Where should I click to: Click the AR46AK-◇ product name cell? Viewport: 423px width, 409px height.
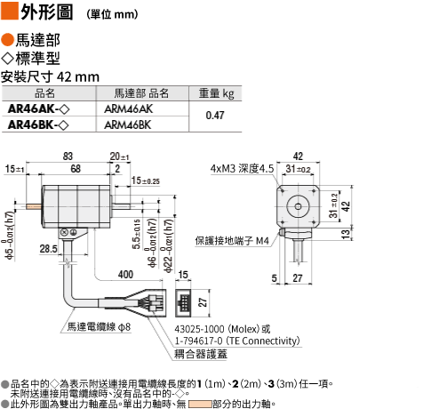pyautogui.click(x=38, y=109)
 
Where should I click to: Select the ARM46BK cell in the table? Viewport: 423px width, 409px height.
pyautogui.click(x=128, y=124)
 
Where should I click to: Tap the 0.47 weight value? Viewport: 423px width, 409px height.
pyautogui.click(x=215, y=116)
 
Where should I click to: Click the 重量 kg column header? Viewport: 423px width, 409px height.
pyautogui.click(x=216, y=93)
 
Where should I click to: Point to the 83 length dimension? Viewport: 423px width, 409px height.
pyautogui.click(x=68, y=156)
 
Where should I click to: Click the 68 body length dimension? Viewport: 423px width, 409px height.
pyautogui.click(x=76, y=169)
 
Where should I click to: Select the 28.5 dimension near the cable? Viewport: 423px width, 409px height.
pyautogui.click(x=49, y=248)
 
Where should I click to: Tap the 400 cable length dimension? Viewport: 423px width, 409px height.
pyautogui.click(x=125, y=275)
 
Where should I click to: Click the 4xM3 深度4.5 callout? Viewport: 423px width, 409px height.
pyautogui.click(x=242, y=169)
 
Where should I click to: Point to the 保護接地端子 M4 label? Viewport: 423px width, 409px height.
pyautogui.click(x=232, y=241)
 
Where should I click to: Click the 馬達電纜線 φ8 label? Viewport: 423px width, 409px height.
pyautogui.click(x=99, y=327)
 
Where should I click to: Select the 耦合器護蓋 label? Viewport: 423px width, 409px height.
pyautogui.click(x=201, y=354)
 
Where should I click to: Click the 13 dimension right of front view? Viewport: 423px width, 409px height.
pyautogui.click(x=346, y=234)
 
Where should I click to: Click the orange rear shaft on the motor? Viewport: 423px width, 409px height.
pyautogui.click(x=33, y=206)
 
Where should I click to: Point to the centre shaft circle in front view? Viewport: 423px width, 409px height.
pyautogui.click(x=298, y=206)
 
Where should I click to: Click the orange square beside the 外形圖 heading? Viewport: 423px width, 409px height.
pyautogui.click(x=10, y=11)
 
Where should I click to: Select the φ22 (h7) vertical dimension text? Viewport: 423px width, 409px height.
pyautogui.click(x=168, y=245)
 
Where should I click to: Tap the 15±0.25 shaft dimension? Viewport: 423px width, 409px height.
pyautogui.click(x=146, y=180)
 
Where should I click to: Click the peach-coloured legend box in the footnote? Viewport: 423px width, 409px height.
pyautogui.click(x=200, y=404)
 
